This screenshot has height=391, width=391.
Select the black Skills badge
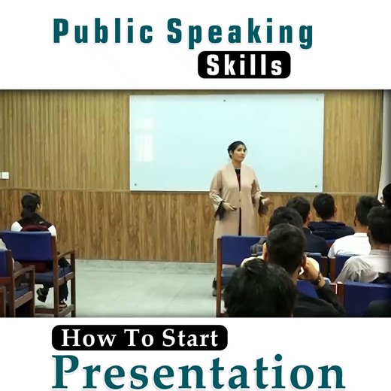click(x=244, y=65)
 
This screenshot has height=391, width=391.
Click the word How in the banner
click(x=83, y=338)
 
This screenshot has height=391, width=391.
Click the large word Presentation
click(x=198, y=371)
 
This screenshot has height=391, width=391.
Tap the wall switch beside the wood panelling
click(x=5, y=175)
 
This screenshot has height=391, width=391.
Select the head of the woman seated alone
click(x=30, y=205)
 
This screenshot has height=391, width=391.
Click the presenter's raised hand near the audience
click(x=264, y=201)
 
